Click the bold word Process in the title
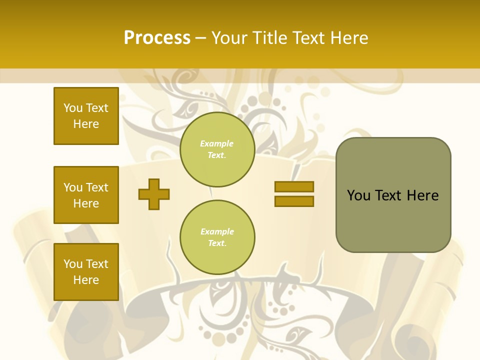tap(157, 38)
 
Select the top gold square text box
tap(86, 116)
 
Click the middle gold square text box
tap(86, 195)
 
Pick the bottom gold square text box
tap(86, 271)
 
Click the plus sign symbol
tap(154, 194)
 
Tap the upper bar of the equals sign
tap(294, 186)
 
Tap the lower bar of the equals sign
tap(294, 201)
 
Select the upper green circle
tap(217, 149)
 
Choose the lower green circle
tap(217, 237)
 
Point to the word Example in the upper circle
tap(216, 143)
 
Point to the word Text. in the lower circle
tap(217, 243)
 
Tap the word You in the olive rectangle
tap(358, 195)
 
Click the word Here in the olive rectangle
tap(422, 195)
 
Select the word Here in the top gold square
tap(86, 124)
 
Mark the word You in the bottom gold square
tap(73, 264)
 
